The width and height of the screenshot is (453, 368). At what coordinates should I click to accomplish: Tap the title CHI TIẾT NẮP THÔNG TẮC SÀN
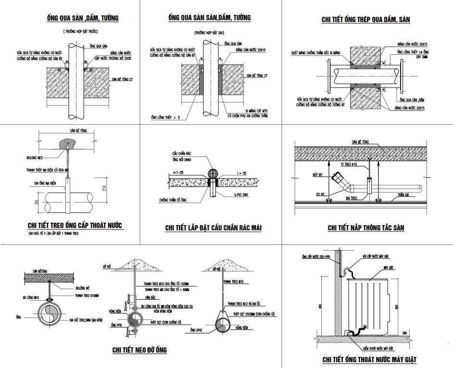click(365, 228)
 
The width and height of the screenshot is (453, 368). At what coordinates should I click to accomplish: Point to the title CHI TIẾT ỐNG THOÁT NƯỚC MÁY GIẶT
click(369, 359)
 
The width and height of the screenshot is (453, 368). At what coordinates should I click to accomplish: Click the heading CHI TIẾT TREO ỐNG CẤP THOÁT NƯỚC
click(75, 225)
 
